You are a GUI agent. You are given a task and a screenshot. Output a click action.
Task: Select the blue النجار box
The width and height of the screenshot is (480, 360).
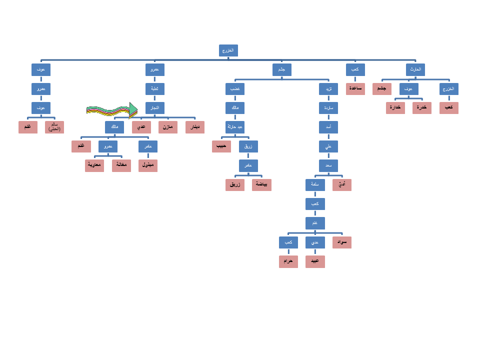(155, 108)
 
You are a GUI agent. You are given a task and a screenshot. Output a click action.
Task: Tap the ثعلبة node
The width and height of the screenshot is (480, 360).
(155, 89)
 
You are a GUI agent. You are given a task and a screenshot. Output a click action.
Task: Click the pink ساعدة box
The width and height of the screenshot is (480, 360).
(355, 89)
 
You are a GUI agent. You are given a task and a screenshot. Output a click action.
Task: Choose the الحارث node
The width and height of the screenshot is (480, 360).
(415, 69)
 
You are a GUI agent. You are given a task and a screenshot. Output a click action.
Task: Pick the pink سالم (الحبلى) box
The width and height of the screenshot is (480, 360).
(54, 127)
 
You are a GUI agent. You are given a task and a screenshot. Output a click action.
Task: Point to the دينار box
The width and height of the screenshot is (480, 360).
(195, 127)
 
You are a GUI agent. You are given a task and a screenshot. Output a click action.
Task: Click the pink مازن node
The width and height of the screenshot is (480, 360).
(168, 127)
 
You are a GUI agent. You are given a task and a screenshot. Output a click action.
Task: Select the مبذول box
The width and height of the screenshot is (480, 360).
(148, 165)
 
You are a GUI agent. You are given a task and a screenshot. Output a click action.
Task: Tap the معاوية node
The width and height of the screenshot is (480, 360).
(94, 165)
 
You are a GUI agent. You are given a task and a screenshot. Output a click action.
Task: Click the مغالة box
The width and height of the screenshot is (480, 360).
(121, 165)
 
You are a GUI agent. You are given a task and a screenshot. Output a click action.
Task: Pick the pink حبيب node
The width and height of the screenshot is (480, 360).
(221, 146)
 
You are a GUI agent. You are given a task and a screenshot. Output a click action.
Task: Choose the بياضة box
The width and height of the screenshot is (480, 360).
(261, 185)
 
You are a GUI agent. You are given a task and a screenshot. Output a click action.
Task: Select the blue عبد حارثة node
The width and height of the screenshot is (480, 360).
(235, 127)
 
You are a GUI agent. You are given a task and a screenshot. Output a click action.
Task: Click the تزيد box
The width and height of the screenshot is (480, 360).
(328, 89)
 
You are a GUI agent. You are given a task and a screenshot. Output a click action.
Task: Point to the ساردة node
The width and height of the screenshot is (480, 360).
(328, 108)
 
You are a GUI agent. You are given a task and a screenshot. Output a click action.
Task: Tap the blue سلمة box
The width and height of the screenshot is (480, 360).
(315, 185)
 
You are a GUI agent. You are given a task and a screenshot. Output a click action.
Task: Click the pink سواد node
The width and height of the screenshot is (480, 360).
(342, 242)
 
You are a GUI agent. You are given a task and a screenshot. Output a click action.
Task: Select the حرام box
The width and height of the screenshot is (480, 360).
(288, 261)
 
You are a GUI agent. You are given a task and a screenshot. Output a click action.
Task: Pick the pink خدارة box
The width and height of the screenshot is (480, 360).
(395, 108)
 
